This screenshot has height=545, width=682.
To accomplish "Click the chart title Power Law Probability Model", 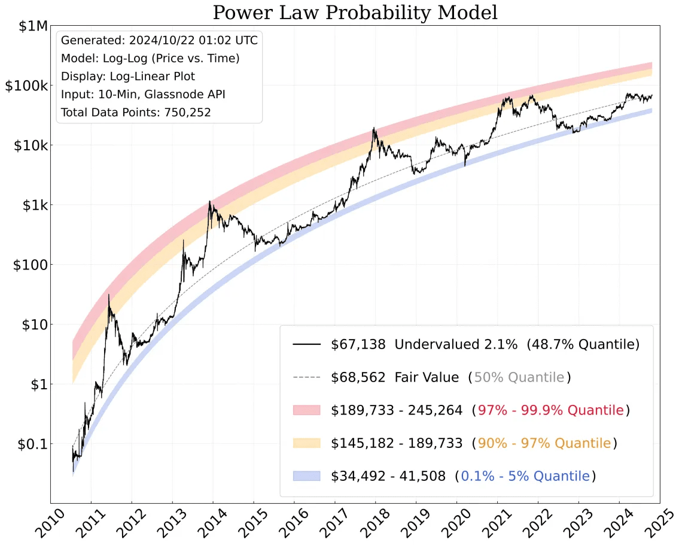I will [355, 13].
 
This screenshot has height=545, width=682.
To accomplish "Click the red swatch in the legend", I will [306, 410].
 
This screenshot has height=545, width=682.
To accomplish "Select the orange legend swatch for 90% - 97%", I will [306, 443].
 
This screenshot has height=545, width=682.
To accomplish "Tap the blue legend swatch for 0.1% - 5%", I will [306, 476].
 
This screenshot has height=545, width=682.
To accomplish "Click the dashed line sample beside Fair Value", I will [306, 378].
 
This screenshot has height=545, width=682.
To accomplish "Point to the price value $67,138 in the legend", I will [358, 345].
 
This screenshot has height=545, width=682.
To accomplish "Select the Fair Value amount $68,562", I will [358, 378].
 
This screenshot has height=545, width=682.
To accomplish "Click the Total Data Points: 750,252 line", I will [136, 112].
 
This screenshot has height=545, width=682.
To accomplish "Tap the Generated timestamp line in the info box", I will [159, 41].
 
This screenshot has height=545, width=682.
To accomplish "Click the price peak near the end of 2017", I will [374, 128].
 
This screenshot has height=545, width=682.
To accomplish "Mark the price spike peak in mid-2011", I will [108, 295].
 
